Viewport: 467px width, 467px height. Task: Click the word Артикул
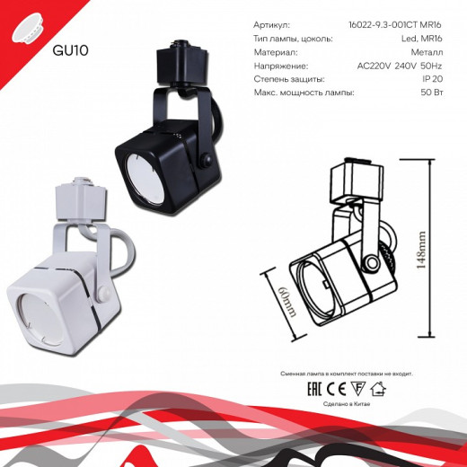coord(273,26)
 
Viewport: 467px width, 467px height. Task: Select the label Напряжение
coord(282,66)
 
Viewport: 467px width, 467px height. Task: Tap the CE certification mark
coord(334,389)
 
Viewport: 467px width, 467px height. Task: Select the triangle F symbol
coord(357,389)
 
